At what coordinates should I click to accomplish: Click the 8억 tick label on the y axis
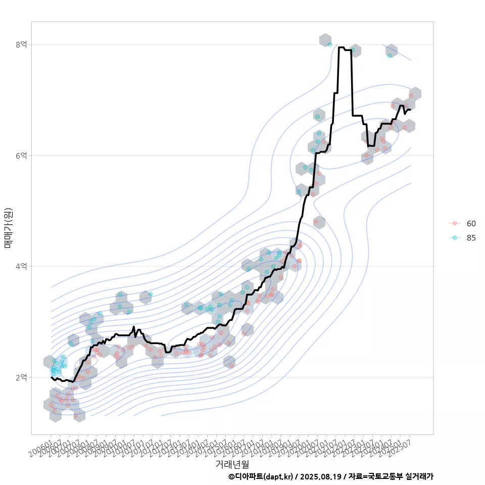click(x=21, y=44)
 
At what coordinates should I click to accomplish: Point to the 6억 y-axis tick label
click(x=21, y=155)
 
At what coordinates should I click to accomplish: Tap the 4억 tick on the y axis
click(x=21, y=266)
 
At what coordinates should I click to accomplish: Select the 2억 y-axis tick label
click(x=21, y=377)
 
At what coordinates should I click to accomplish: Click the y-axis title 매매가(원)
click(x=8, y=227)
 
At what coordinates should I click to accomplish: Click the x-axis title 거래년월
click(x=232, y=464)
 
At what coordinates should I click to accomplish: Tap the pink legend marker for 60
click(x=455, y=223)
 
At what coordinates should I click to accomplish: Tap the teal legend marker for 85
click(x=455, y=237)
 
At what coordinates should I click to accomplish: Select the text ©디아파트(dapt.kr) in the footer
click(x=260, y=476)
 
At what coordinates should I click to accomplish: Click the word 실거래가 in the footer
click(x=419, y=476)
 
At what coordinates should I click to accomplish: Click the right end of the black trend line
click(x=410, y=109)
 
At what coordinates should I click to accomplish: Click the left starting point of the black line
click(x=52, y=377)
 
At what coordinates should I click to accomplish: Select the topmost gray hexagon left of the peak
click(x=325, y=40)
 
